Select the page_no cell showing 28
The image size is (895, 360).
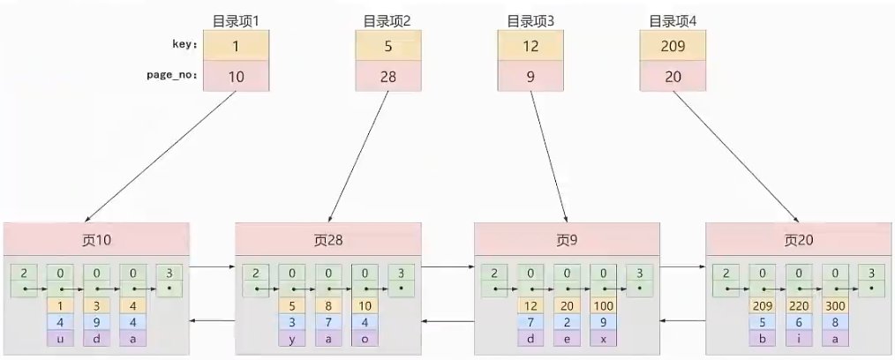(389, 76)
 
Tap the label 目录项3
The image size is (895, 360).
(531, 20)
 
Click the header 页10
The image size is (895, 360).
(96, 239)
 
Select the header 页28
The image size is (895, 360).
(327, 239)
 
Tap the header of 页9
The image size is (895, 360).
(567, 239)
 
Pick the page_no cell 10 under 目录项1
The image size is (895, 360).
(236, 76)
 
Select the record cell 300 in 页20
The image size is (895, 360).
(835, 305)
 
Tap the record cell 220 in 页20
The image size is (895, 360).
(799, 305)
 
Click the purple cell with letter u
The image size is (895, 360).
(60, 338)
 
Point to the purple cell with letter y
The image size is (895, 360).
(292, 338)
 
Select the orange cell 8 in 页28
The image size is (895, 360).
(328, 305)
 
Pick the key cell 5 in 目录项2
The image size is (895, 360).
(389, 44)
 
